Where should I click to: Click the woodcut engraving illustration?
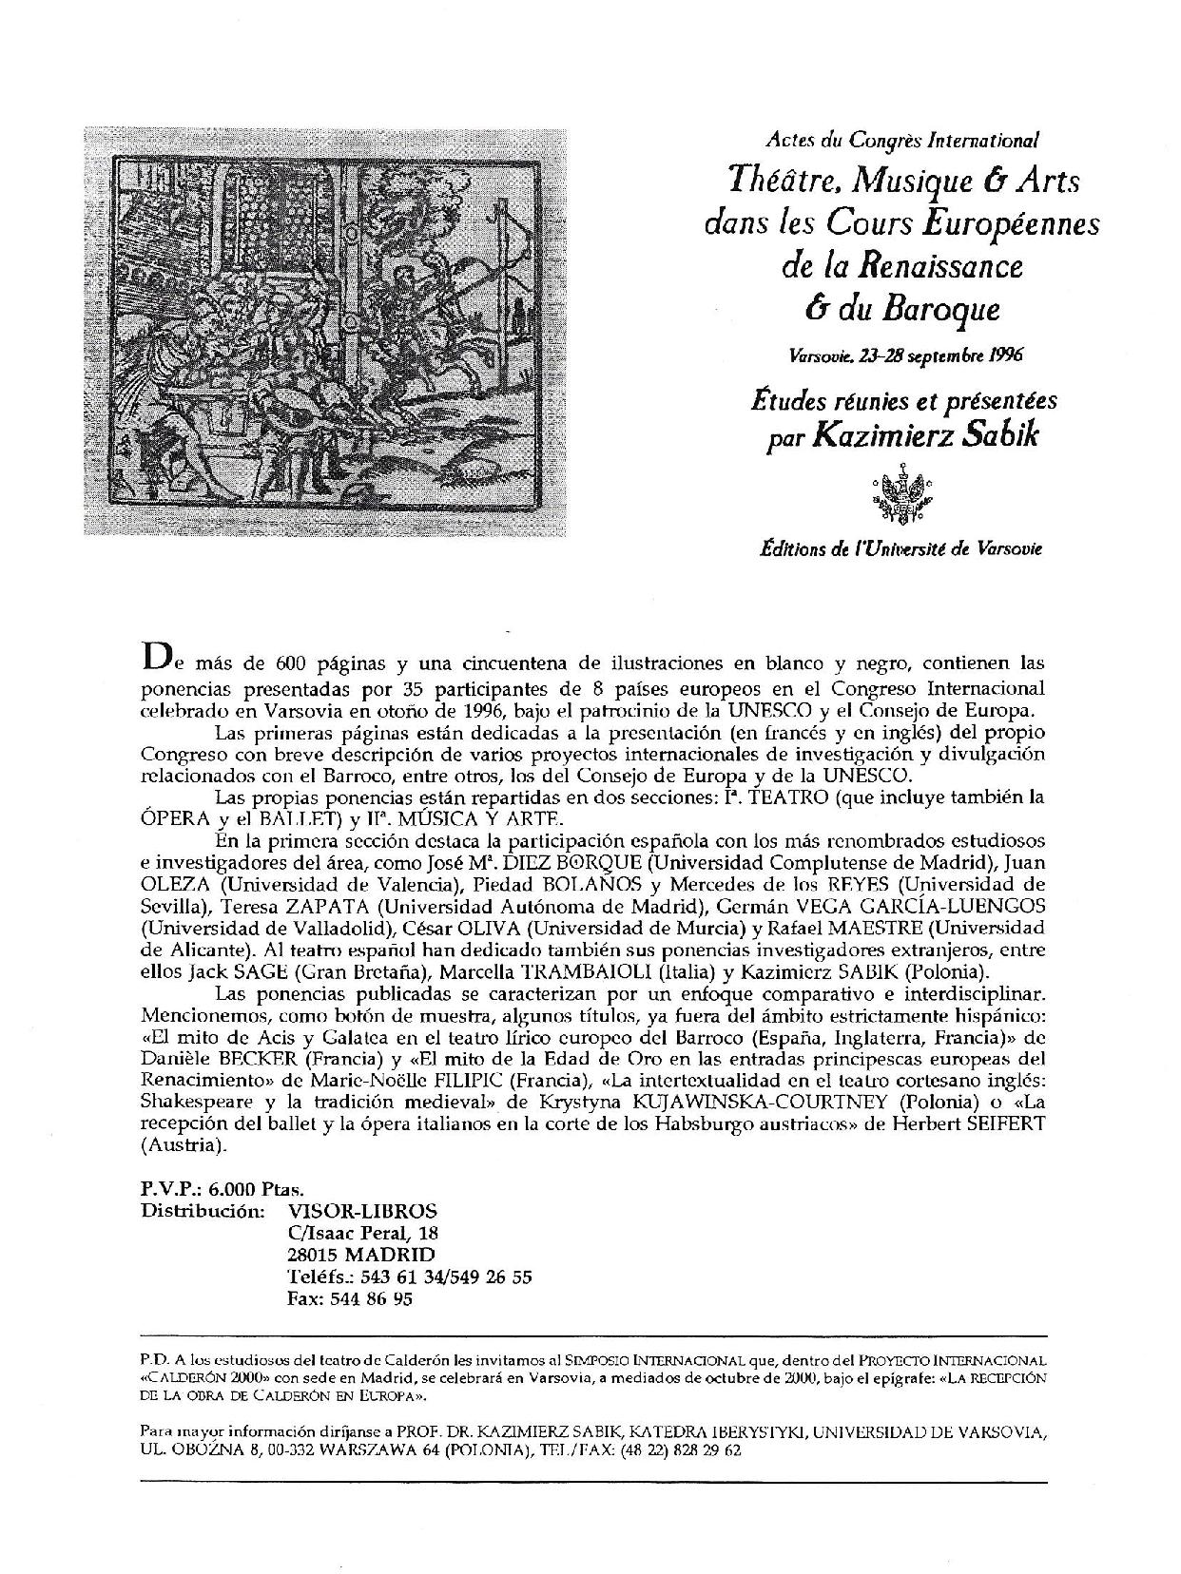click(323, 330)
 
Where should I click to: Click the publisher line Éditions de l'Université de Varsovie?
click(900, 548)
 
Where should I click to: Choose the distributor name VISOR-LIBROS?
click(361, 1211)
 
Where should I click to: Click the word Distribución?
click(203, 1211)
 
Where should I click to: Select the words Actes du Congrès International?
click(902, 140)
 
